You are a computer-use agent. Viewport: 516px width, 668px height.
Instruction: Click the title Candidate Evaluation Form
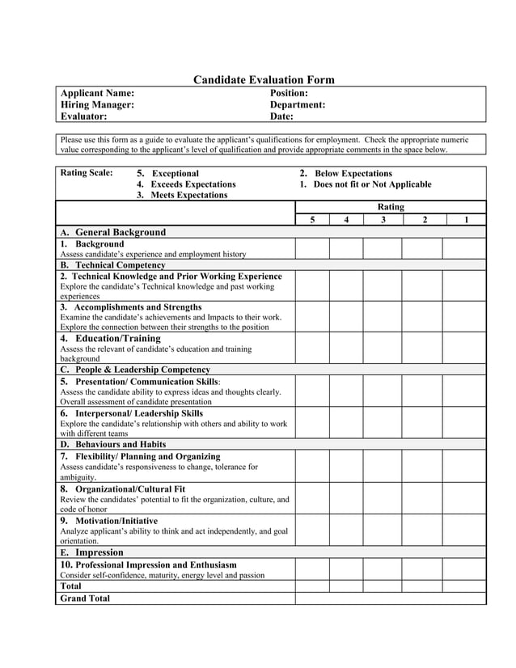[x=263, y=79]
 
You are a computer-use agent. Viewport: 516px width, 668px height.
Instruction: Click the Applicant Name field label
[x=98, y=93]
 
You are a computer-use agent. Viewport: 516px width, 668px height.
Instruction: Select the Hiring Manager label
[x=98, y=104]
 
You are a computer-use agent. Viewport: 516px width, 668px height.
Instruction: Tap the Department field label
[x=298, y=104]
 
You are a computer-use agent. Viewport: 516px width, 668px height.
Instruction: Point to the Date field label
[x=281, y=116]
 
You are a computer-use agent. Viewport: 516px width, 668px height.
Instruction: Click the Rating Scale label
[x=87, y=173]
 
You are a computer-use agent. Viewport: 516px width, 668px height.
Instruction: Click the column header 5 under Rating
[x=312, y=220]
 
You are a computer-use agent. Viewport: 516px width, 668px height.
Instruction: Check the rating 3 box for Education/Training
[x=383, y=348]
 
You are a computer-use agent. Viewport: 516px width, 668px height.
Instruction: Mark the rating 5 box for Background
[x=312, y=248]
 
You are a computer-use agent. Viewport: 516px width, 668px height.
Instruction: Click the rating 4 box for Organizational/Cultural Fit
[x=345, y=498]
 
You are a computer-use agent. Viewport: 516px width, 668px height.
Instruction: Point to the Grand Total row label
[x=85, y=598]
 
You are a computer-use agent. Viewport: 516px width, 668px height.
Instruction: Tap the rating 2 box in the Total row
[x=423, y=586]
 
